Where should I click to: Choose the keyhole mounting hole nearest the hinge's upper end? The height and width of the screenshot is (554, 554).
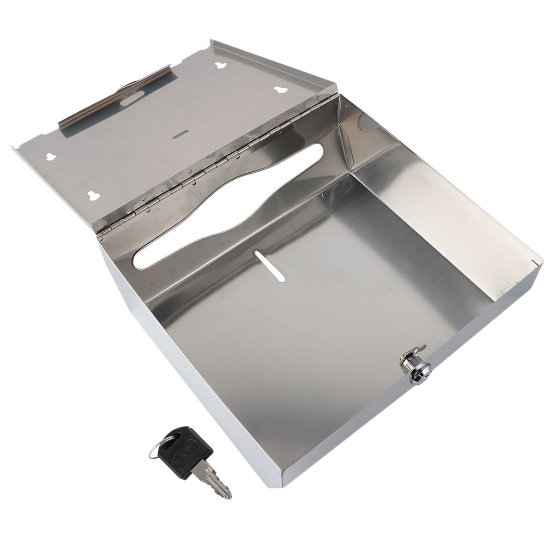tap(280, 90)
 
